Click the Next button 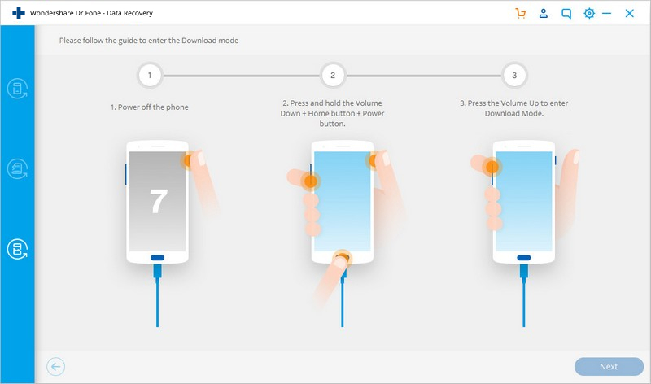pos(609,367)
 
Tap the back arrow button pos(55,367)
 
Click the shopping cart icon pos(520,13)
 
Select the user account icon pos(543,13)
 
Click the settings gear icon pos(588,13)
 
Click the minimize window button pos(606,13)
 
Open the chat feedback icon pos(566,14)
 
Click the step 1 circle pos(150,76)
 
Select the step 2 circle pos(333,76)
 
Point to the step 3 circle pos(514,76)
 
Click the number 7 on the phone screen pos(159,201)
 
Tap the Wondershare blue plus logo pos(18,13)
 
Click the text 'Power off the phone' pos(153,107)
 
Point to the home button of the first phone pos(157,258)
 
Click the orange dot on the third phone pos(492,167)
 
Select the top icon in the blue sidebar pos(17,89)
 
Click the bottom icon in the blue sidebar pos(17,249)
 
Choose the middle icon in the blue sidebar pos(17,169)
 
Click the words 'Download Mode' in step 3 pos(513,113)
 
